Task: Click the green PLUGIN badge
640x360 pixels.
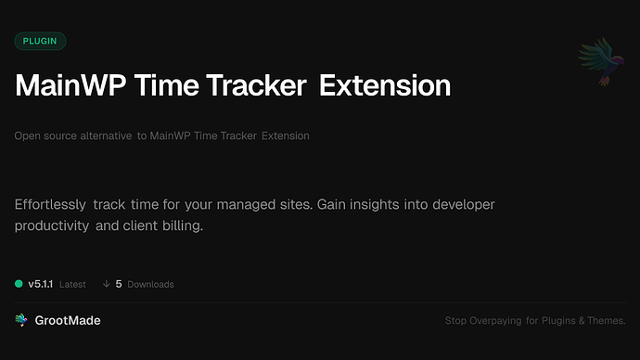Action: tap(40, 41)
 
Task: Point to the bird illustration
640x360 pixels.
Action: tap(597, 62)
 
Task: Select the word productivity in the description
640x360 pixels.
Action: tap(51, 225)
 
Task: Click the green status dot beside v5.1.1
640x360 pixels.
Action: tap(19, 284)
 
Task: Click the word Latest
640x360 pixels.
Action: tap(73, 284)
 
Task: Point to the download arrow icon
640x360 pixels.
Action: tap(107, 284)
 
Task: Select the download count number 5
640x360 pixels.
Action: tap(119, 284)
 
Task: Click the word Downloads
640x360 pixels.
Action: tap(151, 284)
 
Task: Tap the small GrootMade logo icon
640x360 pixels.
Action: tap(20, 320)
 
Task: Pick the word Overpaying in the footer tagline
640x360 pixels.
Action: tap(495, 321)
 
